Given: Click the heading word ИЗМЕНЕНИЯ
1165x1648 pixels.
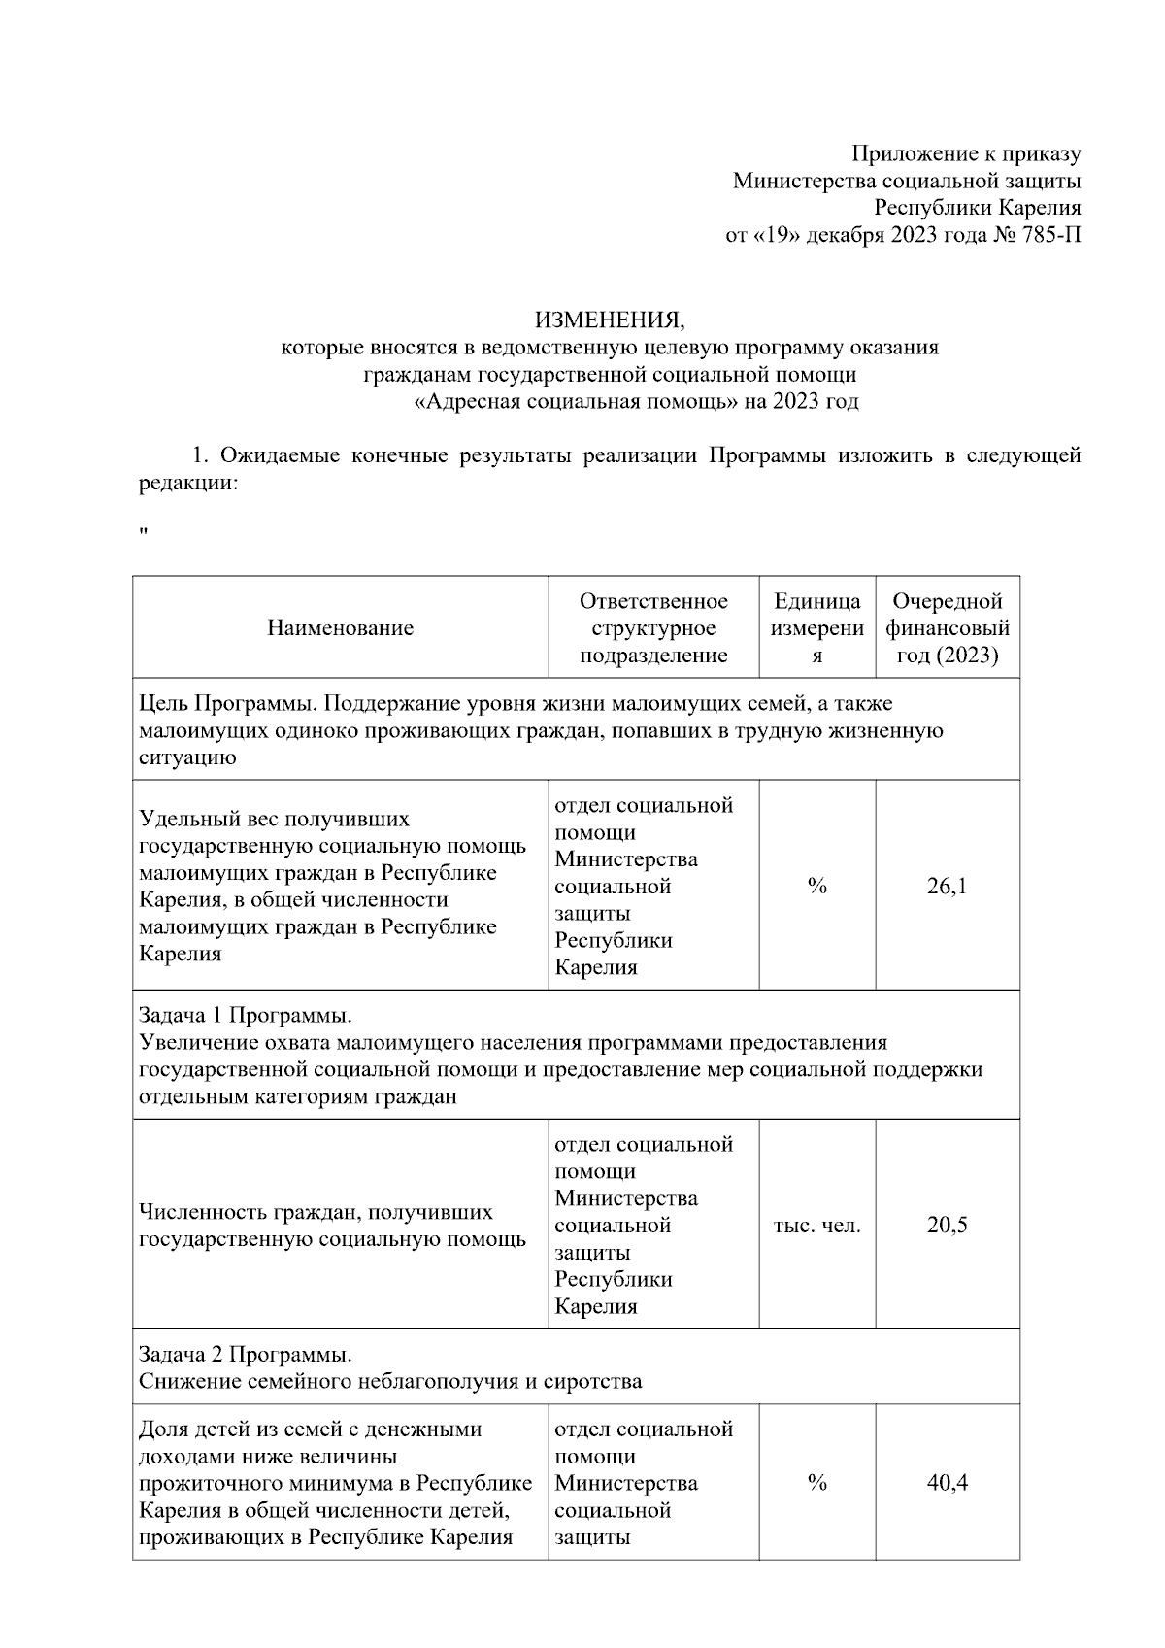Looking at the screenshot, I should point(611,320).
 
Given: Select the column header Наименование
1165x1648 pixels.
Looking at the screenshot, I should point(340,627).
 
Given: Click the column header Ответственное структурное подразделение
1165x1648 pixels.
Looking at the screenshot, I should point(653,627).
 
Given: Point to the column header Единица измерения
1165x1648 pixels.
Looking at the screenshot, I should point(816,627).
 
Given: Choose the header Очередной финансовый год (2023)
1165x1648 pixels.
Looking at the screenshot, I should point(947,627).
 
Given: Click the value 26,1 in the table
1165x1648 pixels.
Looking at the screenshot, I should point(947,886).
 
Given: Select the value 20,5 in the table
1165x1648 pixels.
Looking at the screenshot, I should point(947,1225).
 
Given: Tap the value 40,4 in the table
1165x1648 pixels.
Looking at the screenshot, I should point(947,1483).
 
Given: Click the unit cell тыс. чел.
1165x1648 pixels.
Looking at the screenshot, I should point(816,1225).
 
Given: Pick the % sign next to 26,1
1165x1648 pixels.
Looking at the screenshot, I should point(816,886).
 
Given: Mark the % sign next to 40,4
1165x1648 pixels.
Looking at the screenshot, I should point(816,1483).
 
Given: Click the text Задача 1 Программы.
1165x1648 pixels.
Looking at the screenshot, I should point(245,1016).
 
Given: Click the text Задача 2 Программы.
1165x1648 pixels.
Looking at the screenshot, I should point(245,1354).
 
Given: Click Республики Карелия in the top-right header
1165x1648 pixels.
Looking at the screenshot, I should point(977,207).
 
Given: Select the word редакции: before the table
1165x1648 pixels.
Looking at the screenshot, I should point(187,483).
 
